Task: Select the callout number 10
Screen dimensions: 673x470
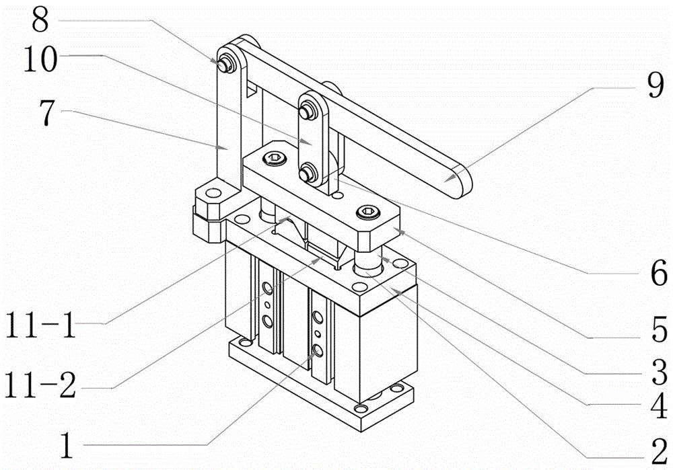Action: click(40, 58)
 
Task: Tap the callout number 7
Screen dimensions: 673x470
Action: click(47, 113)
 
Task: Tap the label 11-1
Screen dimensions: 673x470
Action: click(40, 325)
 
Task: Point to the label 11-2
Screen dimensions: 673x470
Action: click(40, 385)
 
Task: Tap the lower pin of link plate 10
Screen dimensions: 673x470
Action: click(306, 173)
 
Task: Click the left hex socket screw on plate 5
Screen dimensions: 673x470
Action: click(274, 159)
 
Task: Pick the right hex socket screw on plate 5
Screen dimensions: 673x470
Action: click(369, 211)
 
